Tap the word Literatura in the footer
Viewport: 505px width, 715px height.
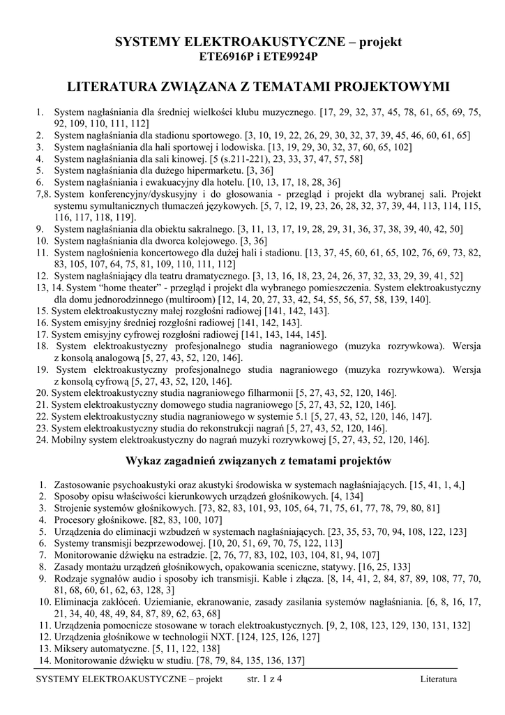point(439,679)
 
